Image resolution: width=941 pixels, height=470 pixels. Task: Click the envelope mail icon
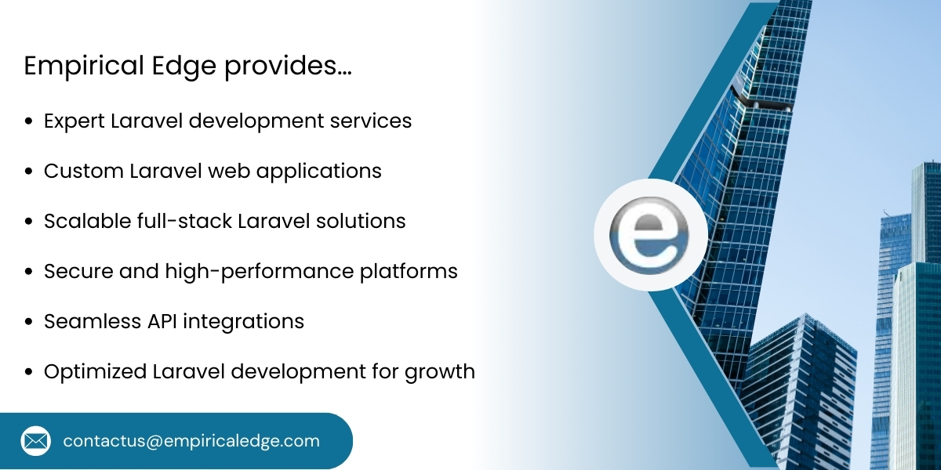coord(35,441)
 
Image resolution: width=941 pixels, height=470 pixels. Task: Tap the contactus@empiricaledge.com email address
coord(191,441)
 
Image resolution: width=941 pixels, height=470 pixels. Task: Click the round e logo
coord(650,236)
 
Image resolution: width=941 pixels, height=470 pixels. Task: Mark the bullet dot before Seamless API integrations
coord(29,322)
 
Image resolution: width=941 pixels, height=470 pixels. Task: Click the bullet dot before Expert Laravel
coord(29,122)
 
